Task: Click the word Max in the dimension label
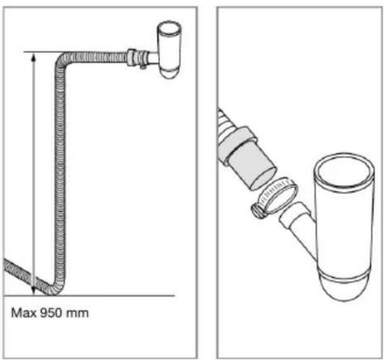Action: [x=24, y=313]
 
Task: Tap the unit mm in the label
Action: [x=76, y=314]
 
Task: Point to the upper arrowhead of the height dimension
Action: [x=34, y=58]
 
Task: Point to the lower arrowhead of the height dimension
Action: [x=34, y=291]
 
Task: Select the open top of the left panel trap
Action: [x=169, y=27]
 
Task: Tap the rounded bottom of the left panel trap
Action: [x=169, y=74]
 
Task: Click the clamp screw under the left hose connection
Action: [x=143, y=67]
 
